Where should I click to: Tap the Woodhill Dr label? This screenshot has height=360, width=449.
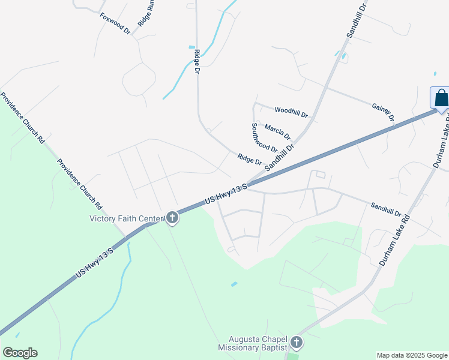pyautogui.click(x=291, y=112)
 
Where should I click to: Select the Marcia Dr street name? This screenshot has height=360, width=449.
pyautogui.click(x=277, y=130)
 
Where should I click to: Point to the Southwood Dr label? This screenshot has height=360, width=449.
pyautogui.click(x=264, y=138)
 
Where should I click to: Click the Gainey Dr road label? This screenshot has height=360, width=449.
pyautogui.click(x=382, y=111)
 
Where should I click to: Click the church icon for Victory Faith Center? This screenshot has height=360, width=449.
pyautogui.click(x=172, y=218)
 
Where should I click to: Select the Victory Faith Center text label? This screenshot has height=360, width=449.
pyautogui.click(x=126, y=218)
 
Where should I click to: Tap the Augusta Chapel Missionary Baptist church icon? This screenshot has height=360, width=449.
pyautogui.click(x=295, y=343)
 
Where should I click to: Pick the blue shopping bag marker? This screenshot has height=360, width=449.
pyautogui.click(x=441, y=98)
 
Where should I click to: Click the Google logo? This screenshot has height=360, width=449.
pyautogui.click(x=20, y=353)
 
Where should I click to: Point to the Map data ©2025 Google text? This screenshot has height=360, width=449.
pyautogui.click(x=412, y=355)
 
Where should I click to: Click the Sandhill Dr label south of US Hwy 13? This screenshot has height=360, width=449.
pyautogui.click(x=385, y=209)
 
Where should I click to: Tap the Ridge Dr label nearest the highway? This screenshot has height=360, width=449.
pyautogui.click(x=250, y=159)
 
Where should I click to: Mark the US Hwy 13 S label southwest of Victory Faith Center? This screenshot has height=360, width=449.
pyautogui.click(x=94, y=263)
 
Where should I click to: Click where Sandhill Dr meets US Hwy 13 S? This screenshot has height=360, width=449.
pyautogui.click(x=249, y=183)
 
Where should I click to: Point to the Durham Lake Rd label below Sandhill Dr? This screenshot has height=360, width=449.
pyautogui.click(x=393, y=240)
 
